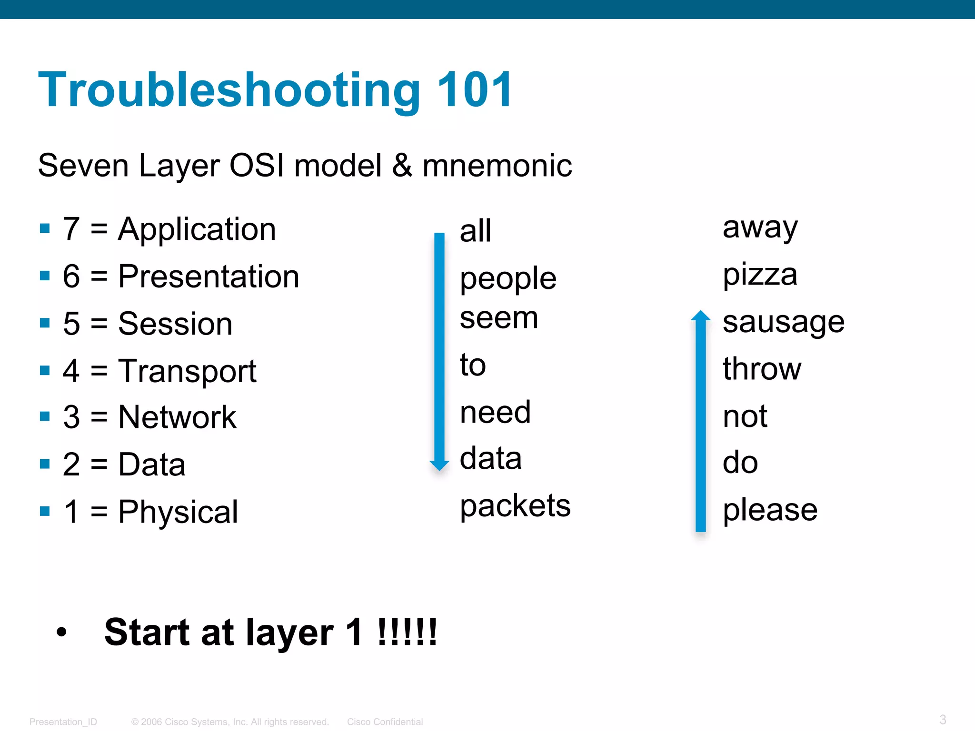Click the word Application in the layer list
(x=197, y=230)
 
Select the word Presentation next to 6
(x=209, y=277)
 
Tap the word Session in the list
(x=175, y=324)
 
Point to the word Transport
(x=187, y=371)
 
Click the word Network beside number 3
(x=177, y=417)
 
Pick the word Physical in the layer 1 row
(x=178, y=512)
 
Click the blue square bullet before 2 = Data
(x=45, y=464)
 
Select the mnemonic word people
(x=508, y=278)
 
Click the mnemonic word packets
(x=515, y=506)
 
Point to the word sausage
(x=783, y=323)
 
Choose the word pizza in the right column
(x=760, y=275)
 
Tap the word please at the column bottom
(x=770, y=510)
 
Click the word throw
(x=762, y=369)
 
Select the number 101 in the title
(x=474, y=89)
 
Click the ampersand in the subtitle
(x=402, y=166)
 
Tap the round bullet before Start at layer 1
(x=61, y=632)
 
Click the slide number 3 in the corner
(x=943, y=719)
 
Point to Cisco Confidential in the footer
(x=385, y=722)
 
